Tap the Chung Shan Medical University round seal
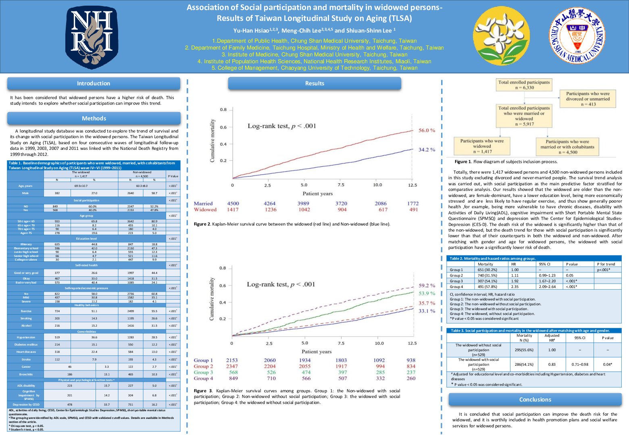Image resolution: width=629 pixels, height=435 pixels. click(x=577, y=36)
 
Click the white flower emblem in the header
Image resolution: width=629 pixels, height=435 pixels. click(x=500, y=36)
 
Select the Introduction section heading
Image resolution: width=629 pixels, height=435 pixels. click(x=94, y=83)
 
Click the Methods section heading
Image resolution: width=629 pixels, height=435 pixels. click(x=94, y=118)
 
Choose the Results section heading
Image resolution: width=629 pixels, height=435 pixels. click(x=314, y=83)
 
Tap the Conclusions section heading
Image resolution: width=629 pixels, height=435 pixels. click(x=535, y=400)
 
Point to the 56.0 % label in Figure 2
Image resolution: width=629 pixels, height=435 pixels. click(x=427, y=130)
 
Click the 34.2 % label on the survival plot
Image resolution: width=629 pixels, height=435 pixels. click(x=427, y=149)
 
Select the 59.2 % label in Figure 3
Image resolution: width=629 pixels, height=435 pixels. click(x=427, y=286)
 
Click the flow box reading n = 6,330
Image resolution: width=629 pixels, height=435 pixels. click(x=524, y=85)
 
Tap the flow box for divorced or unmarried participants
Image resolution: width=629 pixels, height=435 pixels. click(x=587, y=99)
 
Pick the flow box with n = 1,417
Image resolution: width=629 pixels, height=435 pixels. click(x=482, y=146)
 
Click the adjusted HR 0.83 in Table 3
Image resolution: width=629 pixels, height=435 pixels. click(x=552, y=365)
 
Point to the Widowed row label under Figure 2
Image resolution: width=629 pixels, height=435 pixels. click(x=205, y=209)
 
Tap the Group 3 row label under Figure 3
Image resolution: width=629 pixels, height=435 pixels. click(x=203, y=372)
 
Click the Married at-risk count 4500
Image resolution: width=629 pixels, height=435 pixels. click(x=233, y=203)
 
